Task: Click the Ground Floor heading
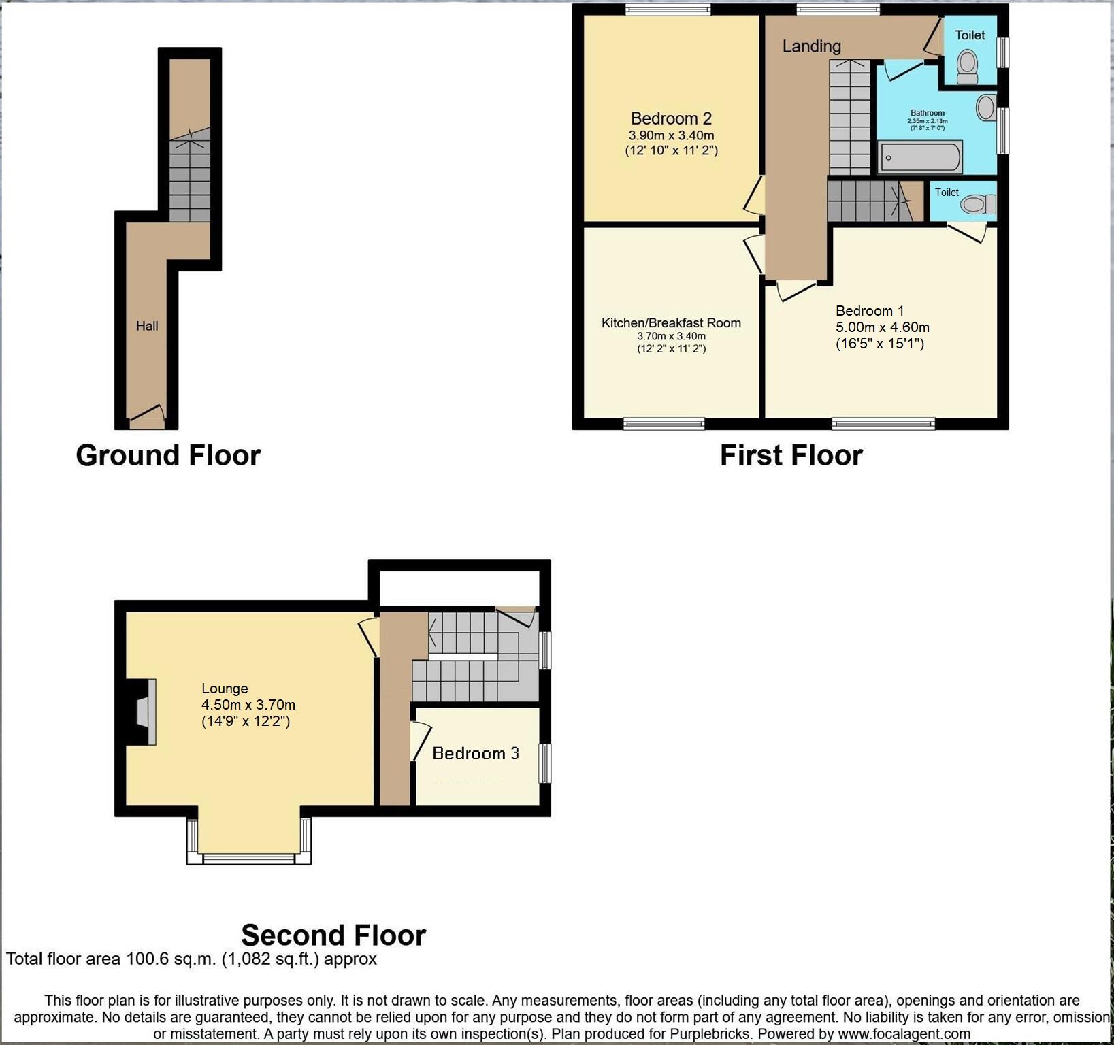(168, 455)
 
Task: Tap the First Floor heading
(791, 455)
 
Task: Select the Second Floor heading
(333, 935)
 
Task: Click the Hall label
(147, 326)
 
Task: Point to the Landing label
(811, 46)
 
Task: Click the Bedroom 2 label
(671, 118)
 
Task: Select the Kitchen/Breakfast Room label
(671, 323)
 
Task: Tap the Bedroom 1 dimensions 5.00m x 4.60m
(883, 327)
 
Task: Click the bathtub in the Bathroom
(919, 158)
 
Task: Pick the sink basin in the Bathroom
(985, 107)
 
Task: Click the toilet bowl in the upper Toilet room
(967, 66)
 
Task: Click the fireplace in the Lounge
(144, 712)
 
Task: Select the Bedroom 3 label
(476, 753)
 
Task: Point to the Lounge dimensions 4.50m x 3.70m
(248, 705)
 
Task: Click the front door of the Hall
(147, 416)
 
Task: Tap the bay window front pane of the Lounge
(248, 859)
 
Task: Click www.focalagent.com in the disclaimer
(904, 1034)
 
